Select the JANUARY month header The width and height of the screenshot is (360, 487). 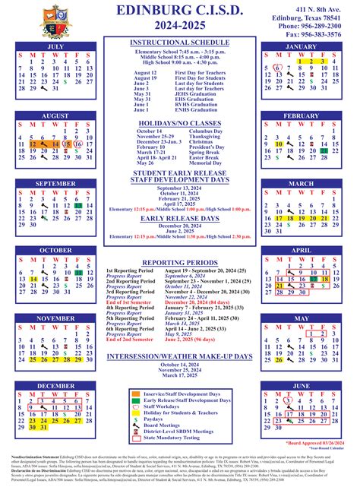click(x=301, y=46)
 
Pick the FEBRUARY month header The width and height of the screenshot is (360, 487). click(x=301, y=115)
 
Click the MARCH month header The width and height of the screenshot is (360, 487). click(x=301, y=183)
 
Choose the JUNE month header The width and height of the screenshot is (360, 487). click(x=301, y=386)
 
